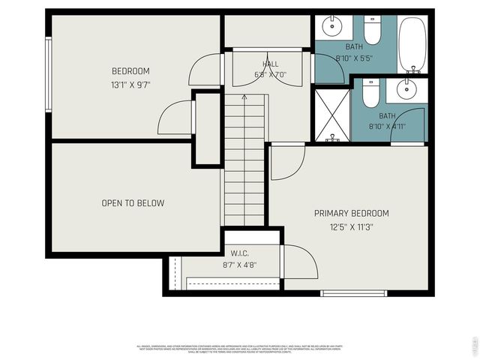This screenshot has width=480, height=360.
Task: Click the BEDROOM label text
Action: coord(132,71)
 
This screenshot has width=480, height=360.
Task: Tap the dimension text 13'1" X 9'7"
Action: coord(132,85)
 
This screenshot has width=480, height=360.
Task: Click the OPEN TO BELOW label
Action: coord(133,203)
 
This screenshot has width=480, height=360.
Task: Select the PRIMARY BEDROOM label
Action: coord(351,213)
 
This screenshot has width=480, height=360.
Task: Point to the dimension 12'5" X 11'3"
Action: coord(351,226)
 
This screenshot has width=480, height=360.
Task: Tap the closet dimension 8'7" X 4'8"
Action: coord(241,265)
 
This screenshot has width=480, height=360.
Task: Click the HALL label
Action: coord(270,64)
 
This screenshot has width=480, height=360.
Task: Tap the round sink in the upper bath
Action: coord(333,28)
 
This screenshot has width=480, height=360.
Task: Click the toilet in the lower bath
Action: coord(370,94)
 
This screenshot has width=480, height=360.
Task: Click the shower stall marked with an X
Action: coord(331,114)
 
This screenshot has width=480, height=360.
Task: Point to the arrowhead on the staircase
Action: coord(244,97)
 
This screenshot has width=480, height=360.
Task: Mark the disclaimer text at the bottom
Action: coord(239,349)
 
